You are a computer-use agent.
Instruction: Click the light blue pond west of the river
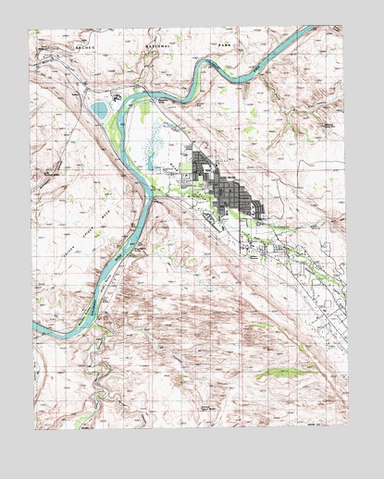click(x=100, y=112)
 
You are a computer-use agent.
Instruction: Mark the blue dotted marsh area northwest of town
click(x=156, y=145)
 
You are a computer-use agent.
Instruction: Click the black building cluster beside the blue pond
click(x=117, y=96)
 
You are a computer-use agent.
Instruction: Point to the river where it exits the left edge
click(x=37, y=327)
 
